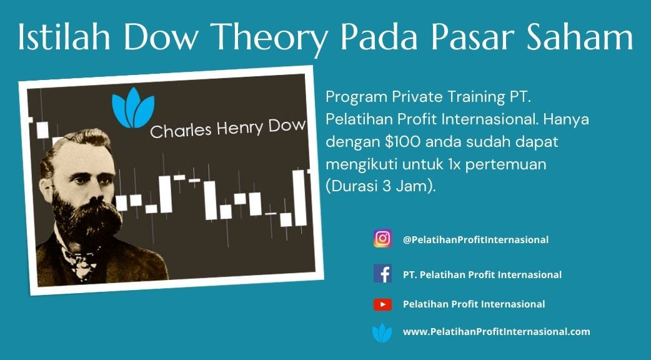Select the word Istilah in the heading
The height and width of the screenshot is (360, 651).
click(64, 37)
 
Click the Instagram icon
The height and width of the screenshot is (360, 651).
click(382, 239)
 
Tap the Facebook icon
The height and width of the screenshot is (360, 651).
click(382, 274)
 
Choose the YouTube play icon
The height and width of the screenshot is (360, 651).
click(382, 304)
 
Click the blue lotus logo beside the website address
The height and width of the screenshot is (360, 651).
click(382, 333)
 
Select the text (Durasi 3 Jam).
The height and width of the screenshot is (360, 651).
click(380, 186)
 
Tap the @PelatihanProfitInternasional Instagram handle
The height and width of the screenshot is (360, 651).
click(475, 239)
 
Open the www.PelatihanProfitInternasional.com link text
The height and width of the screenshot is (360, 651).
click(496, 332)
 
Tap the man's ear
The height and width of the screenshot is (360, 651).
click(46, 189)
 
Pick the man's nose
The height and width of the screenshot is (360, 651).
click(96, 192)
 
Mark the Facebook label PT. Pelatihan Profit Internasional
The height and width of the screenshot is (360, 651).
click(482, 274)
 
